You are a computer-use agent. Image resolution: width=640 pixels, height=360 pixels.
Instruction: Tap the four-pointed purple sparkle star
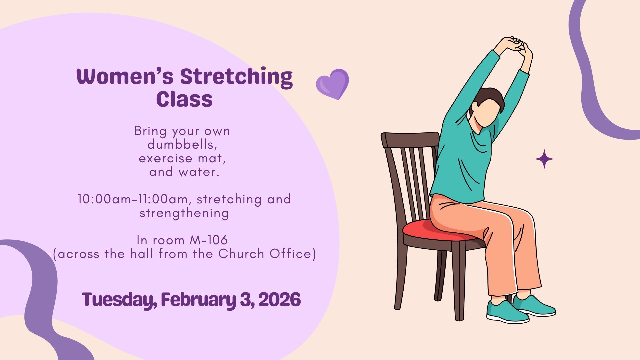click(544, 159)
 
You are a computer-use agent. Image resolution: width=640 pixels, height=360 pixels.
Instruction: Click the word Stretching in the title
click(236, 77)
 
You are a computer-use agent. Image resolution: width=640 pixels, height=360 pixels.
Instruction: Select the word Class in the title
click(184, 99)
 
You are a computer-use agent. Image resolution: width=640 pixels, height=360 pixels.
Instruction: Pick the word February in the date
click(199, 300)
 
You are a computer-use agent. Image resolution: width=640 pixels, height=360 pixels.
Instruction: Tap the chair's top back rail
click(410, 140)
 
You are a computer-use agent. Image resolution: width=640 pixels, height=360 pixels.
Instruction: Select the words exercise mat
click(182, 158)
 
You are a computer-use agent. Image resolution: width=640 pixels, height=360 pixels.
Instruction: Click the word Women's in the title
click(125, 76)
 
